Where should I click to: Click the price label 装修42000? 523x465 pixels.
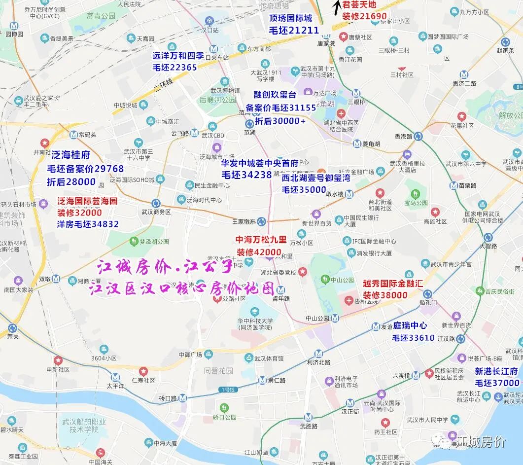click(x=259, y=252)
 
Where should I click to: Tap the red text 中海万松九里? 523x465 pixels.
click(x=261, y=240)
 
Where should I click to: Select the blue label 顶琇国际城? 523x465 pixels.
click(x=290, y=18)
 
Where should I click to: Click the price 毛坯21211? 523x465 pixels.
click(x=294, y=31)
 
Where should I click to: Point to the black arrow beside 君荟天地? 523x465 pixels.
click(x=337, y=7)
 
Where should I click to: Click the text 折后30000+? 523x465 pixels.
click(x=280, y=121)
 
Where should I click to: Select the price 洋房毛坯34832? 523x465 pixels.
click(x=88, y=224)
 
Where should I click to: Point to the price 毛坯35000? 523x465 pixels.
click(x=304, y=190)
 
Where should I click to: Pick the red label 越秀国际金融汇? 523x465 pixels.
click(x=392, y=284)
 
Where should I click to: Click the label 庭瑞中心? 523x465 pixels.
click(x=410, y=325)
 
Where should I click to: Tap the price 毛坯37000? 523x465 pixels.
click(x=497, y=383)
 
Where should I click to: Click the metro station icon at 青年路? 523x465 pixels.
click(x=280, y=289)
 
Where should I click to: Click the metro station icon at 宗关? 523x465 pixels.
click(x=12, y=328)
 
